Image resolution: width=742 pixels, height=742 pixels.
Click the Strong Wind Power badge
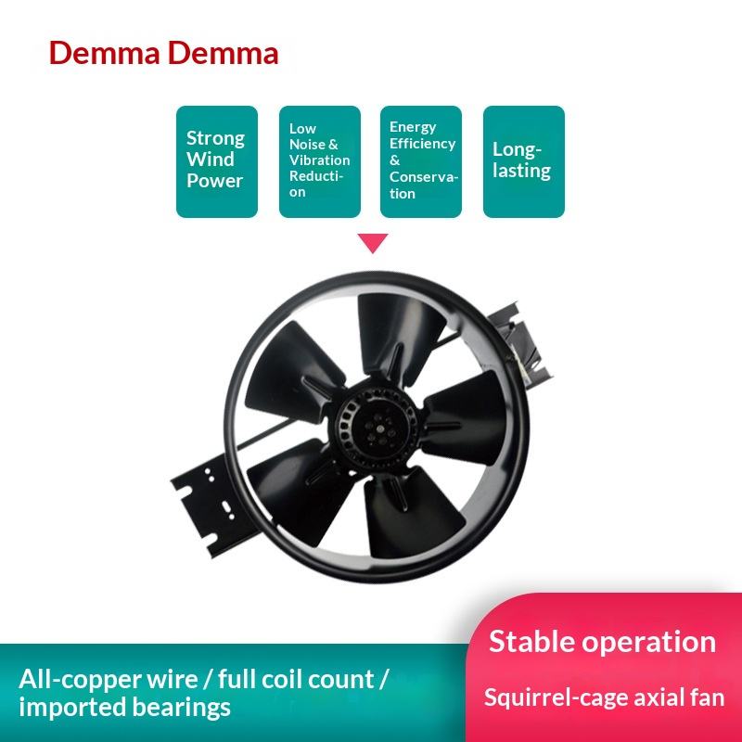click(x=216, y=161)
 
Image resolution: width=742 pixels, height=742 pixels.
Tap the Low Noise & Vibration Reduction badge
click(x=319, y=161)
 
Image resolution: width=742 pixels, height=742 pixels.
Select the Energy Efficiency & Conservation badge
click(x=421, y=161)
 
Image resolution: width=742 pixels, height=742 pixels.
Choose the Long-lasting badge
click(x=523, y=161)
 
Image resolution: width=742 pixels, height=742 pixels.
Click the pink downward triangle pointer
click(x=373, y=243)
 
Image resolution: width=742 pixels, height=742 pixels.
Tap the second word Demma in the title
click(x=224, y=53)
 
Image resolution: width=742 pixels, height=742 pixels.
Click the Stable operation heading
click(x=602, y=641)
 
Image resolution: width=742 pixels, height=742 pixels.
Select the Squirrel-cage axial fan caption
click(x=604, y=697)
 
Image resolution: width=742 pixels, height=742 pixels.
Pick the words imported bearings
click(x=124, y=709)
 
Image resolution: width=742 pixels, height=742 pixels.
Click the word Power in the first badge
click(x=214, y=180)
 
